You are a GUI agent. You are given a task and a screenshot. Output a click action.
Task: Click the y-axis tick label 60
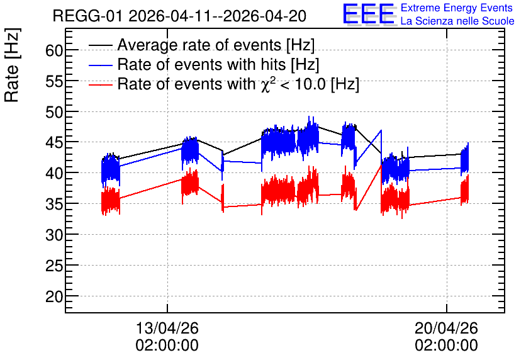(53, 50)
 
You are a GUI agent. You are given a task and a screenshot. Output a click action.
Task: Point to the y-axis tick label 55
(53, 82)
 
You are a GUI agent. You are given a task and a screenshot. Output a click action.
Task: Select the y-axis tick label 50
(53, 113)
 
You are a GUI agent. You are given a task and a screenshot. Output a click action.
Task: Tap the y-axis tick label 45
(53, 143)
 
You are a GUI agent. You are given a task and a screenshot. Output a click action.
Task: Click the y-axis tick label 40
(53, 174)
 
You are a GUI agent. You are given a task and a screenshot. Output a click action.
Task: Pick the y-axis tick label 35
(53, 205)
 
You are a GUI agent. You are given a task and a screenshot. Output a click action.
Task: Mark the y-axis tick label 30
(53, 235)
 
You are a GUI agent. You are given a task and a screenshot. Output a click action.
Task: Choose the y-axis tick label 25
(53, 266)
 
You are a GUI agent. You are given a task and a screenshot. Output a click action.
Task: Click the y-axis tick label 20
(53, 297)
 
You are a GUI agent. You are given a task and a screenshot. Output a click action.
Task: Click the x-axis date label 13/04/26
(167, 328)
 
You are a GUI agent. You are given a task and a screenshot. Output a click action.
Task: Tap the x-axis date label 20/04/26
(446, 328)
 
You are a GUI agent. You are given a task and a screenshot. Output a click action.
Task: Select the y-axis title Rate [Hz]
(12, 65)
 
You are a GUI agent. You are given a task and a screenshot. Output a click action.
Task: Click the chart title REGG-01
(87, 16)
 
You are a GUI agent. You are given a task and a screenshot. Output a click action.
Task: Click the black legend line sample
(100, 45)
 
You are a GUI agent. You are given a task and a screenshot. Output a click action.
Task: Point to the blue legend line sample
(100, 65)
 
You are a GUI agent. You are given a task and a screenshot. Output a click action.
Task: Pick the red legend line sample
(100, 85)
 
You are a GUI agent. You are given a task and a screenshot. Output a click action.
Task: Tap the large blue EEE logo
(369, 14)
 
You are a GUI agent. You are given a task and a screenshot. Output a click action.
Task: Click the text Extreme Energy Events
(457, 8)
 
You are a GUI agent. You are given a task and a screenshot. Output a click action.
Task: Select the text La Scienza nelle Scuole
(457, 21)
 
